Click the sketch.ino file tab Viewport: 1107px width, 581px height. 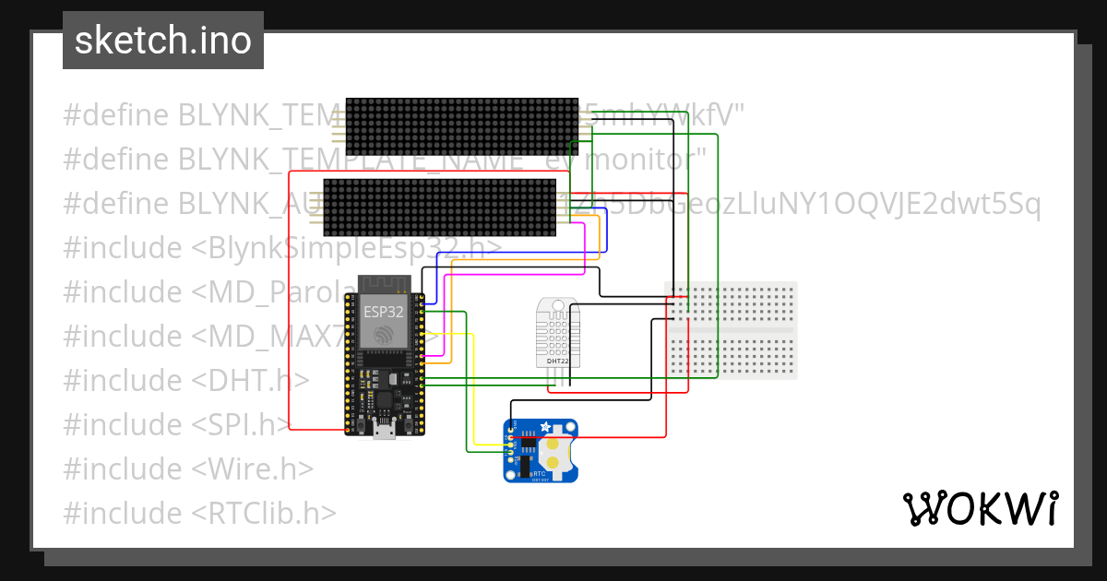click(162, 41)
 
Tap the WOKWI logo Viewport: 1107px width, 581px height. click(979, 508)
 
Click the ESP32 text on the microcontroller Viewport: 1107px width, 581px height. click(383, 311)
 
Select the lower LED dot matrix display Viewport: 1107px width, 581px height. click(438, 207)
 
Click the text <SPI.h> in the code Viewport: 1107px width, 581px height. click(242, 424)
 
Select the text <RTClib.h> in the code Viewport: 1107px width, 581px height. click(264, 513)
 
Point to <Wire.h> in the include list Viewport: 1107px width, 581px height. click(253, 468)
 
